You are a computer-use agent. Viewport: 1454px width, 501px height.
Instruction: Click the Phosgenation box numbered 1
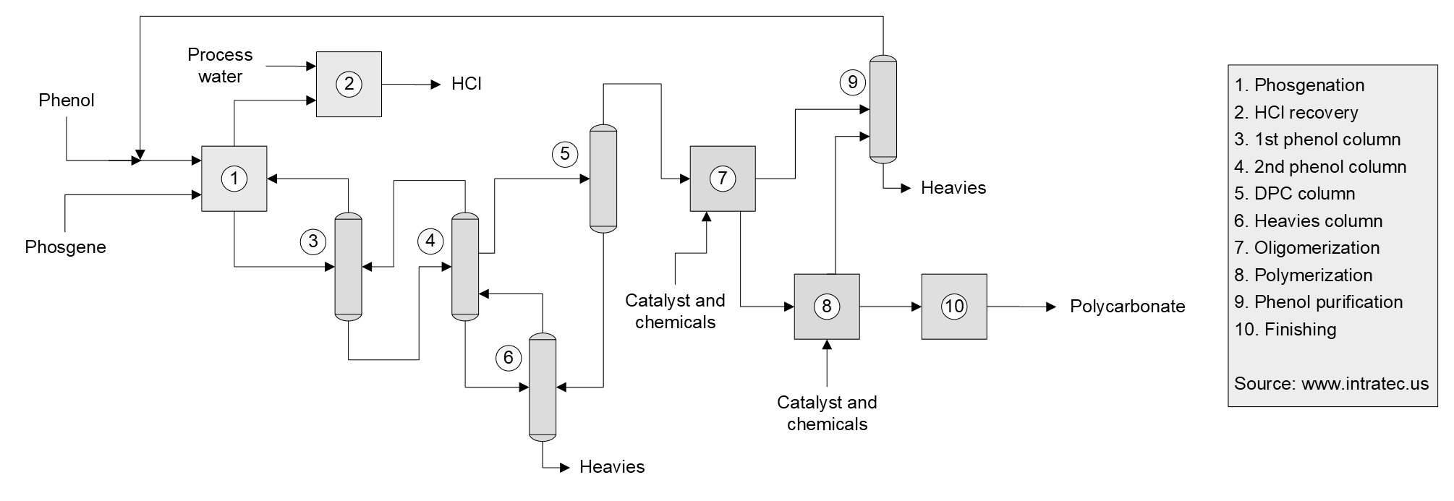tap(234, 179)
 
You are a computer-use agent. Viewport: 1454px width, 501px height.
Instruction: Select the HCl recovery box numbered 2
tap(349, 84)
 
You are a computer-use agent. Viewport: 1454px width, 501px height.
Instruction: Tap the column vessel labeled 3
tap(348, 266)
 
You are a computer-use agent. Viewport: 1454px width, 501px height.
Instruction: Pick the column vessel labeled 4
tap(465, 266)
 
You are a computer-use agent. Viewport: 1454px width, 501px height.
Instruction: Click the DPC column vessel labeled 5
tap(603, 179)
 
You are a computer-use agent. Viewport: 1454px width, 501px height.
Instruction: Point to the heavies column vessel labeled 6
tap(543, 387)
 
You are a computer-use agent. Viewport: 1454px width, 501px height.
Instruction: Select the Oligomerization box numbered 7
tap(723, 179)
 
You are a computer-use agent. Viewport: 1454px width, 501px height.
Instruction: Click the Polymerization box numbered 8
tap(827, 307)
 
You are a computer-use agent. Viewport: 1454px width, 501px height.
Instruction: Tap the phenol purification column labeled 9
tap(883, 108)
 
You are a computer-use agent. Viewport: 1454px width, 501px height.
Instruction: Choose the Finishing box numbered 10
tap(954, 307)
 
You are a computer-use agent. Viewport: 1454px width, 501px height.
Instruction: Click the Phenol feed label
tap(67, 100)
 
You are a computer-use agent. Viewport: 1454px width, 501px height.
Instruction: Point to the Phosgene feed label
tap(65, 247)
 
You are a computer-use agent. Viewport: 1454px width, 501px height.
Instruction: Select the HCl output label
tap(467, 84)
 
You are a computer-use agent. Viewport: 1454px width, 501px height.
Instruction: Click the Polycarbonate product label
tap(1127, 307)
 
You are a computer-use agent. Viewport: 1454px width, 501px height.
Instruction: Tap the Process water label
tap(220, 66)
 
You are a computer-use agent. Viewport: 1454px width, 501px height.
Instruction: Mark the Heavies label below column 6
tap(612, 467)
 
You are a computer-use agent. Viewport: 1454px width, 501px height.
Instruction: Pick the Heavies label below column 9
tap(953, 188)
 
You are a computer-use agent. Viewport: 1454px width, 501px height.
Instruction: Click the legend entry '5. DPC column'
tap(1294, 194)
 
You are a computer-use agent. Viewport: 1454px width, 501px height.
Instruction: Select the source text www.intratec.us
tap(1331, 384)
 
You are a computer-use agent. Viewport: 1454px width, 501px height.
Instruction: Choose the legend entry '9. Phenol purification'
tap(1318, 302)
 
